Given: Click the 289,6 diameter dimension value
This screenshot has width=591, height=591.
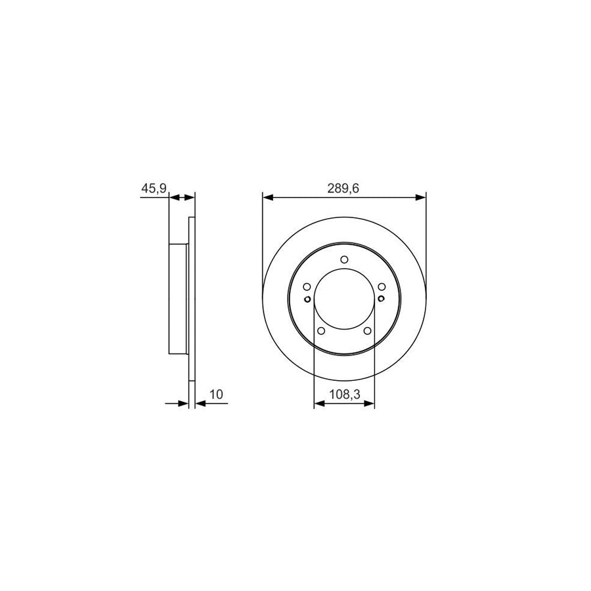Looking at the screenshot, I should coord(344,188).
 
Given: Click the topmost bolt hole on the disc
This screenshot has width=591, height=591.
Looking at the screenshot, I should coord(344,260).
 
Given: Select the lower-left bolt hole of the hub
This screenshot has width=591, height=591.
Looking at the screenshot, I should coord(321,331).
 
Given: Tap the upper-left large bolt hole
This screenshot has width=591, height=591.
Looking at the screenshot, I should coord(307,287).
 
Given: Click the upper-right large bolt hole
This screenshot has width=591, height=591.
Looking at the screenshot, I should coord(382,287).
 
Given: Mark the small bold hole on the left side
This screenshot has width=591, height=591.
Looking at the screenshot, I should coord(307,300).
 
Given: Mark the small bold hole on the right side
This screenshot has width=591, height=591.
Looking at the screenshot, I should coord(382,300).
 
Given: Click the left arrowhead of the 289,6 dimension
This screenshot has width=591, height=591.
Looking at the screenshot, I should coord(267,196).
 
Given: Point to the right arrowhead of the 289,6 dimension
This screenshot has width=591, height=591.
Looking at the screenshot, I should coord(421,196).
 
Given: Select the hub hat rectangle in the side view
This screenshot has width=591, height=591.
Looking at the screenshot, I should coord(179,299).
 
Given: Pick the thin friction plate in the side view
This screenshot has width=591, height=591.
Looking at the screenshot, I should coord(192,299).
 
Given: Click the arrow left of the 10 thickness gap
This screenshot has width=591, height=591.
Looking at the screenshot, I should coord(183,403).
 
